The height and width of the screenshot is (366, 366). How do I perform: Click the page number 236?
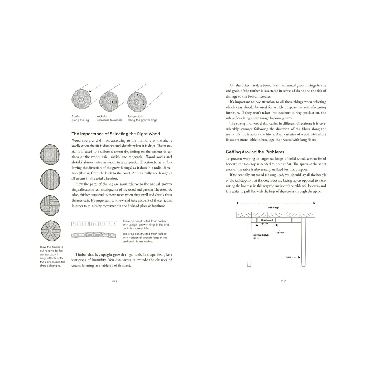[114, 281]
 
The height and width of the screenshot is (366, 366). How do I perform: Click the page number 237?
[283, 281]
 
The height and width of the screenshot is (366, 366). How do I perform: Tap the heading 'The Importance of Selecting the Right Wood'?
[116, 134]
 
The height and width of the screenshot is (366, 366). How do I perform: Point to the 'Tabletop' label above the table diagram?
[273, 207]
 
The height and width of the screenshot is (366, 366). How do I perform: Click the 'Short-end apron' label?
[266, 222]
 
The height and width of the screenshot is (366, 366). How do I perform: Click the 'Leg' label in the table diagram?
[288, 257]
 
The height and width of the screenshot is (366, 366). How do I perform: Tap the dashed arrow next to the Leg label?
[296, 257]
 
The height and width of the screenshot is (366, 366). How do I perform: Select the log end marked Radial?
[109, 102]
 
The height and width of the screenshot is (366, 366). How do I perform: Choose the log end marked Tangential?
[137, 100]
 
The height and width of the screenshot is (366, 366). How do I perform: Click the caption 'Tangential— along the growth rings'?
[142, 118]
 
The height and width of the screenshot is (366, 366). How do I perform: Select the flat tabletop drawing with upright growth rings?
[94, 224]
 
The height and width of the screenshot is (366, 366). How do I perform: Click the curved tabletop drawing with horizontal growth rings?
[94, 235]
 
